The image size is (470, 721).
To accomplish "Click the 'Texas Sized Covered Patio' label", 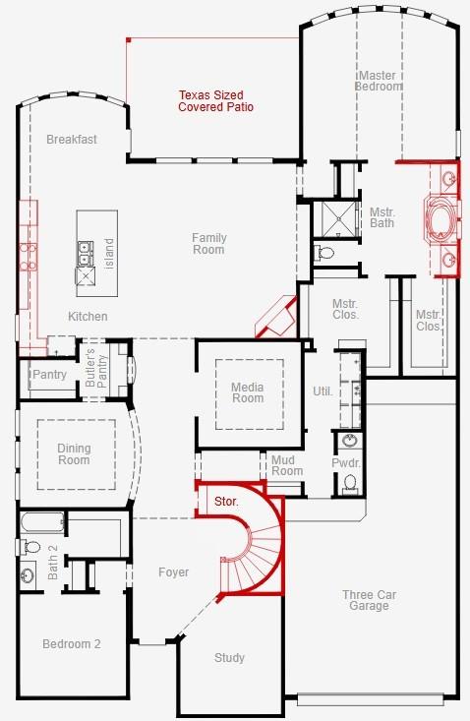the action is coord(215,101).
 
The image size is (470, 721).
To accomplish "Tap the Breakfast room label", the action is coord(72,140).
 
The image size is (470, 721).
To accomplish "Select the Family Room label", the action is coord(209,244).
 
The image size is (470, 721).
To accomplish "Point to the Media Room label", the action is coord(248,392).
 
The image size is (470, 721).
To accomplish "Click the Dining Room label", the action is coord(74,453).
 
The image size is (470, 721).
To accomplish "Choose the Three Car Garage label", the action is coord(369,600).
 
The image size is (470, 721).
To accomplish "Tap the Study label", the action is coord(229,658).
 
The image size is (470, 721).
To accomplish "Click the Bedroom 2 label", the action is coord(71,643).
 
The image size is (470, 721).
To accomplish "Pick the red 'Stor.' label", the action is coord(226,502).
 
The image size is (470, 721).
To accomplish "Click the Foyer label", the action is coord(174,572).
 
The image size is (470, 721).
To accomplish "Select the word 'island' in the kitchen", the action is coord(109,254).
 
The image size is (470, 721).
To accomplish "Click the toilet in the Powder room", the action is coord(350,484).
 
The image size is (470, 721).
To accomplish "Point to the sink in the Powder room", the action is coord(350,441).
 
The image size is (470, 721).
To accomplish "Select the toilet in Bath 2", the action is coord(29,547).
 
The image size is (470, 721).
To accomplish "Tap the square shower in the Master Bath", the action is coord(338,219).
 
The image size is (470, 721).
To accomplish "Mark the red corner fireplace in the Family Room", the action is coord(276,318).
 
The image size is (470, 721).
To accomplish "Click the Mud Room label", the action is coord(287,465).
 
